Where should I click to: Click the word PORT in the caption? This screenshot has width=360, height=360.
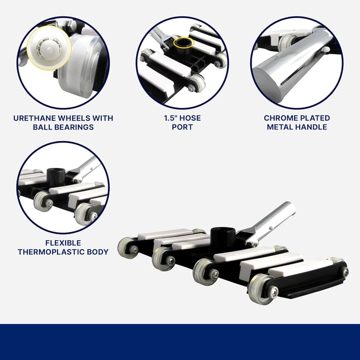tap(182, 127)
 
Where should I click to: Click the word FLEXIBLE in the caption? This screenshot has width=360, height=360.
tap(63, 243)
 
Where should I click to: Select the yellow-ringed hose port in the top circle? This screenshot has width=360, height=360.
tap(182, 43)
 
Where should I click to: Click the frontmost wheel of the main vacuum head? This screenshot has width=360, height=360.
tap(261, 289)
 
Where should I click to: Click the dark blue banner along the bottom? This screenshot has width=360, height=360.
tap(180, 342)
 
